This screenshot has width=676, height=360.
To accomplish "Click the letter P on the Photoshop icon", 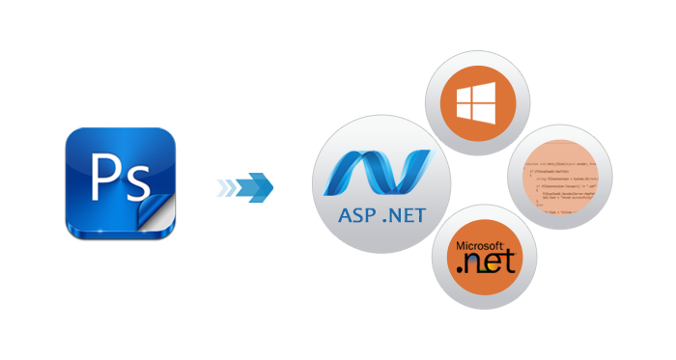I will click(x=103, y=175).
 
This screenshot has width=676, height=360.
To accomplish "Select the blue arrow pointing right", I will click(x=242, y=186).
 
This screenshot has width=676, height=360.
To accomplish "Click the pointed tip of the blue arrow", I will click(x=271, y=186).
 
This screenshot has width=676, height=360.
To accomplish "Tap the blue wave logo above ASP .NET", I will click(x=377, y=173).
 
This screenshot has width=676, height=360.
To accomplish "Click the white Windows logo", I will click(x=477, y=100).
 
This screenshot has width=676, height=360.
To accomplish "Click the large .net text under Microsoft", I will click(x=488, y=263).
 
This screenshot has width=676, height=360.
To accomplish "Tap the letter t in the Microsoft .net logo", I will click(x=512, y=262).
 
